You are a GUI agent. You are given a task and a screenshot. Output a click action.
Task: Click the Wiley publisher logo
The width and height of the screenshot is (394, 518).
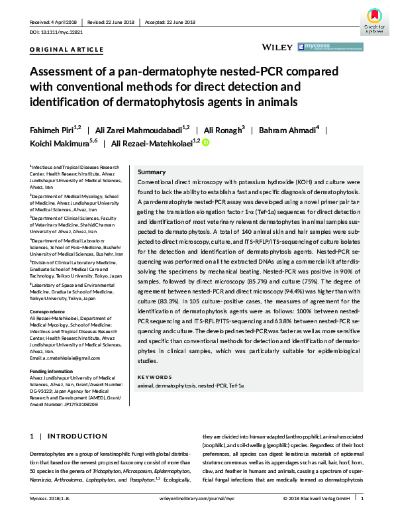278,47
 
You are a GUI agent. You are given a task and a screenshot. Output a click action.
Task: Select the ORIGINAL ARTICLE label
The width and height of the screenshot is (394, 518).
67,49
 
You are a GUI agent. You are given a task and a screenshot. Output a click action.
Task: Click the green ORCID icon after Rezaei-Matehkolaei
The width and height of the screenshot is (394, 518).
205,142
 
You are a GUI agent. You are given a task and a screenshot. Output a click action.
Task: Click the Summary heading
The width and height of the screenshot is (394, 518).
152,171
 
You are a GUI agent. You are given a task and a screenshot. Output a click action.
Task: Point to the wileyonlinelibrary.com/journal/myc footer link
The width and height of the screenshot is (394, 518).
197,498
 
